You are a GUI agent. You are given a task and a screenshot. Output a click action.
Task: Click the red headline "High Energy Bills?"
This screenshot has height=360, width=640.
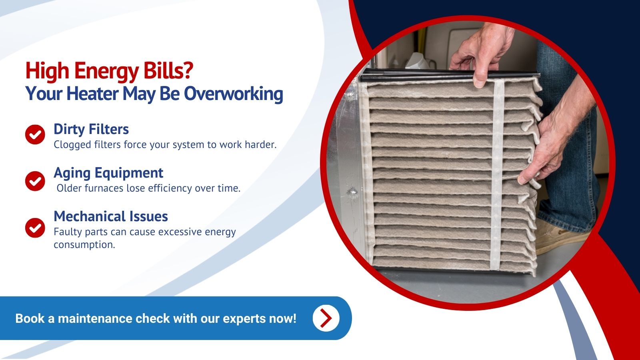click(110, 71)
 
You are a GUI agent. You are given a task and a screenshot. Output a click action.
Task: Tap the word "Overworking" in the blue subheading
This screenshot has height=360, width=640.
click(234, 94)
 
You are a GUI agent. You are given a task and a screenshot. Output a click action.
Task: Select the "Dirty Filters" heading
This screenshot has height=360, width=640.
click(91, 129)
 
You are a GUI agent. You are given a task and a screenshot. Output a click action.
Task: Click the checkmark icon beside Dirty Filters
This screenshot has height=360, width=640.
click(35, 134)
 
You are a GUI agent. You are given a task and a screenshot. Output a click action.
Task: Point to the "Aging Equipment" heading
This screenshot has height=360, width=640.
click(108, 173)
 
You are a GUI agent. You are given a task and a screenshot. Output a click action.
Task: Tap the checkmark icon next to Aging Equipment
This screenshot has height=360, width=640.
click(35, 181)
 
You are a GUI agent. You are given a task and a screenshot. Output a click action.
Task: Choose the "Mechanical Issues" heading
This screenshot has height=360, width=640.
click(111, 216)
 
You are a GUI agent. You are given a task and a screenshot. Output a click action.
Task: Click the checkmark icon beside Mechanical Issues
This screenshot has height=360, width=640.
click(35, 228)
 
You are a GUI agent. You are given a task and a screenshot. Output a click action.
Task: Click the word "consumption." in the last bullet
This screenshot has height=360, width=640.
click(84, 245)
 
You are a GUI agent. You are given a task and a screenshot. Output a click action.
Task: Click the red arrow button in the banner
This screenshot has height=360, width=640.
click(326, 318)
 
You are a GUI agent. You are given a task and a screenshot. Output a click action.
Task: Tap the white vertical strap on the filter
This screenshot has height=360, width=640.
click(497, 174)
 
